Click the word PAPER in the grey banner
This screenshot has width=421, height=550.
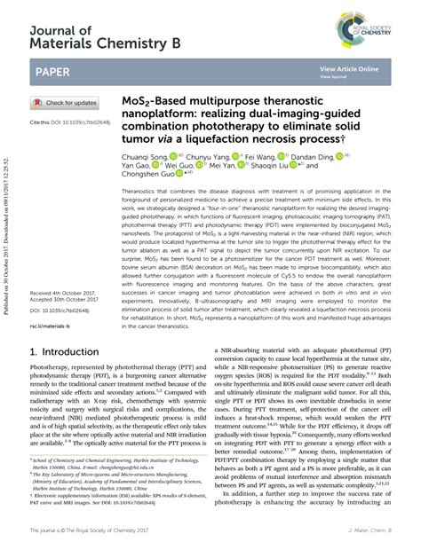click(x=56, y=69)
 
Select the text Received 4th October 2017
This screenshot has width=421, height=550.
click(x=64, y=292)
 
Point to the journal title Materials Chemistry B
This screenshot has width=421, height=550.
click(x=106, y=41)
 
